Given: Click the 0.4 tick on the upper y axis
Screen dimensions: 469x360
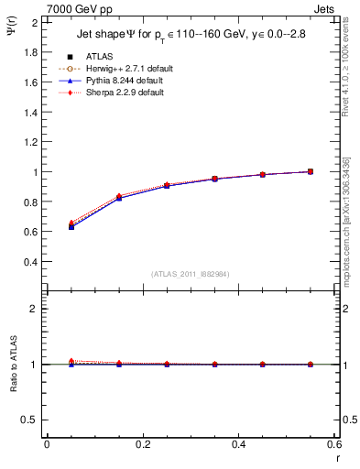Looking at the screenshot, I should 32,262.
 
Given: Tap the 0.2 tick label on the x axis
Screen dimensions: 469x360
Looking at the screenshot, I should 142,444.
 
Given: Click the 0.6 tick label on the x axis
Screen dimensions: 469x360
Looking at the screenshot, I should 333,444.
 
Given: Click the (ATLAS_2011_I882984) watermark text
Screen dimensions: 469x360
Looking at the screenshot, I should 191,275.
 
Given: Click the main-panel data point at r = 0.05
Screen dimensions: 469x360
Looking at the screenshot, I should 71,225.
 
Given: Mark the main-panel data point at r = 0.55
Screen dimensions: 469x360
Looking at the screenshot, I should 311,171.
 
